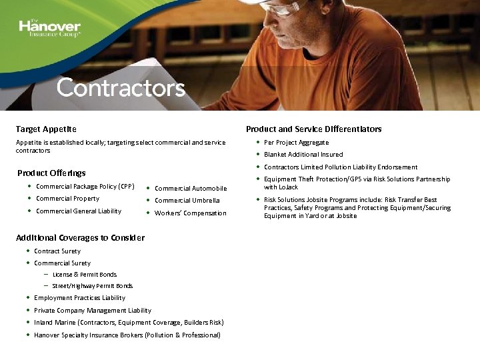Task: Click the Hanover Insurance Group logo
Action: [50, 28]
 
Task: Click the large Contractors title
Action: [121, 88]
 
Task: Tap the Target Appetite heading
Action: [46, 129]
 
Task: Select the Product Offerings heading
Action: [51, 173]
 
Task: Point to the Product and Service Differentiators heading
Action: [313, 129]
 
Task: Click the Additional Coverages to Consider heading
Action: [80, 237]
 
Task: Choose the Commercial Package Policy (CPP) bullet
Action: [85, 187]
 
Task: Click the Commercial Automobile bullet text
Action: [191, 189]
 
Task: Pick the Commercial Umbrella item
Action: [187, 201]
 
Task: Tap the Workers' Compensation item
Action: [190, 213]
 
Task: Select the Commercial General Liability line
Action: [79, 211]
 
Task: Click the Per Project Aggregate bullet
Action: [296, 142]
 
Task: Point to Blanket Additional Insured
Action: [303, 155]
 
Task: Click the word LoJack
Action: [289, 187]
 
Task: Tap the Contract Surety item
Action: [57, 251]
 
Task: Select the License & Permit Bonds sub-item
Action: [84, 275]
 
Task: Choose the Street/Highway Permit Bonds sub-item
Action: [92, 286]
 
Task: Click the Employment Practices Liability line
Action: [79, 298]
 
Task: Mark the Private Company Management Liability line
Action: [93, 311]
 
